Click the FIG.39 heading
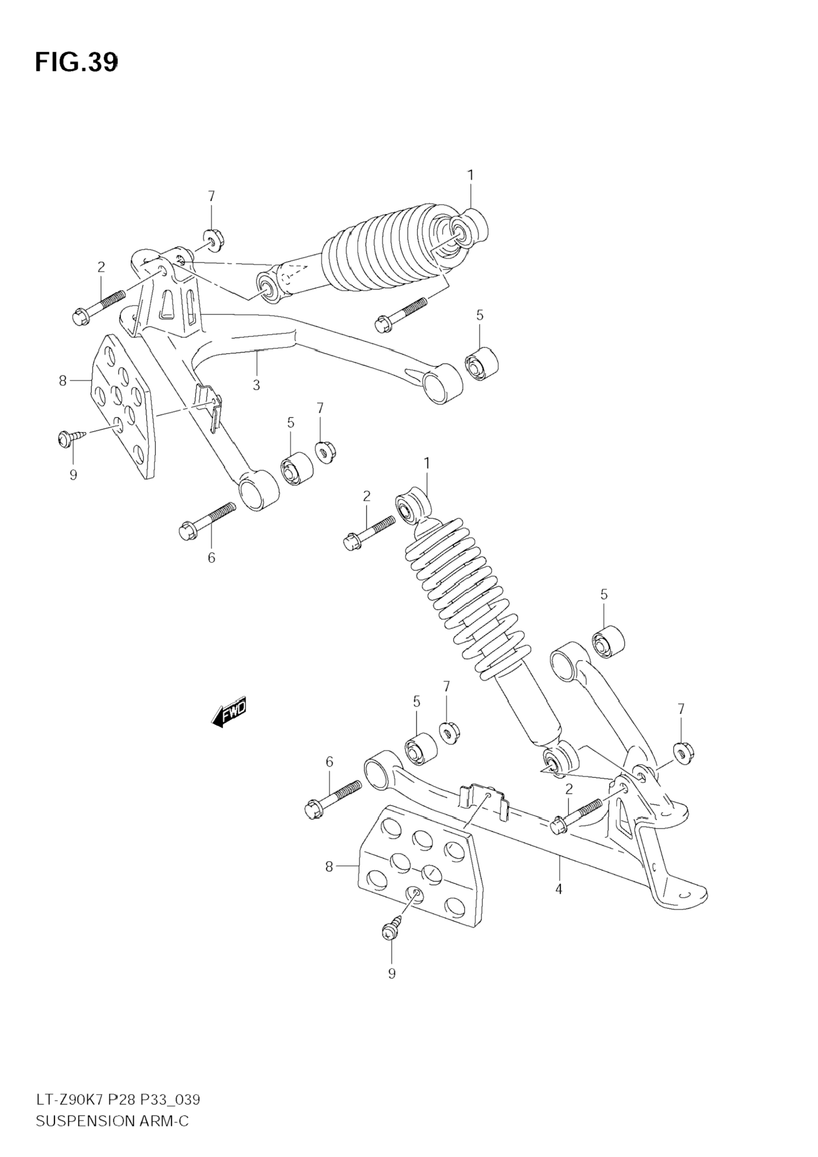[x=76, y=63]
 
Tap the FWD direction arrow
[x=229, y=712]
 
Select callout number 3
[x=256, y=386]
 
